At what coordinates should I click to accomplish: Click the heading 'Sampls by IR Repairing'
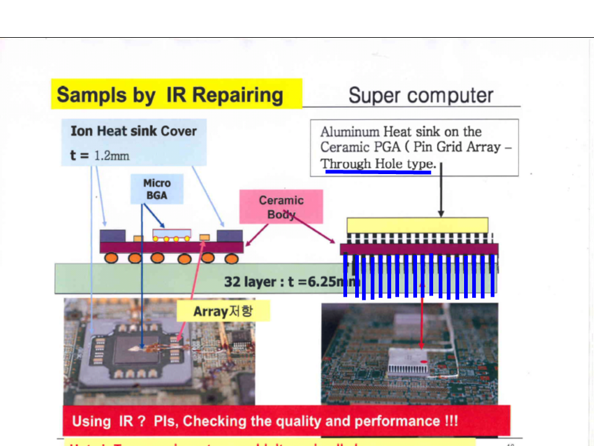click(x=170, y=95)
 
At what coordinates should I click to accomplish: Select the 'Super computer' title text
click(x=421, y=95)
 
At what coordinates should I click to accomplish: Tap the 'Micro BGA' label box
click(x=157, y=189)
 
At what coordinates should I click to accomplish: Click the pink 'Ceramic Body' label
click(x=282, y=207)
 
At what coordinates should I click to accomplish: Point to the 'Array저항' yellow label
click(x=223, y=310)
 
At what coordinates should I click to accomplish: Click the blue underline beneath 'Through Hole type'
click(x=378, y=172)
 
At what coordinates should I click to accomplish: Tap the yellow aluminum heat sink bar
click(x=417, y=225)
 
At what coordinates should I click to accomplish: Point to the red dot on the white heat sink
click(x=423, y=361)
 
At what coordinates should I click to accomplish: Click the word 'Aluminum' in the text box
click(x=349, y=132)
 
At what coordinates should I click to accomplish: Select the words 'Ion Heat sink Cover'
click(x=133, y=131)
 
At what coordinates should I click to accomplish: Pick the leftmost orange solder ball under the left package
click(x=112, y=257)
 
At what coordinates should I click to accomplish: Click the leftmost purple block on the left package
click(x=113, y=236)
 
